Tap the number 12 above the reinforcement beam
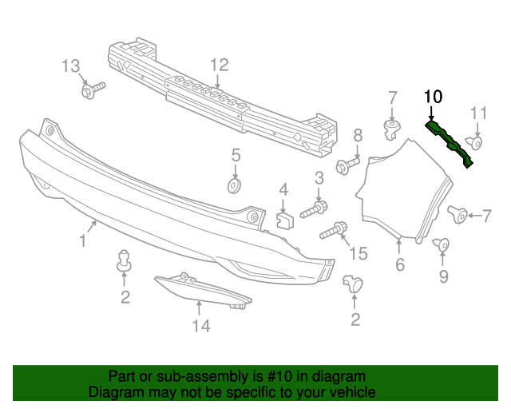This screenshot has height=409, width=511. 219,65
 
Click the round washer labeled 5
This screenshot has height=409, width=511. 235,185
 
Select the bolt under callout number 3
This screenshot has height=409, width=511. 315,210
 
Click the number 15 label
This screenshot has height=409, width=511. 358,254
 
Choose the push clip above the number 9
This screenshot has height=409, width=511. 442,245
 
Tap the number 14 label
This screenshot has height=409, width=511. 200,325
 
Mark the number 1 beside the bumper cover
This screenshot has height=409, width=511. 82,240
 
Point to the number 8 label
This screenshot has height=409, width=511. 358,135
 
